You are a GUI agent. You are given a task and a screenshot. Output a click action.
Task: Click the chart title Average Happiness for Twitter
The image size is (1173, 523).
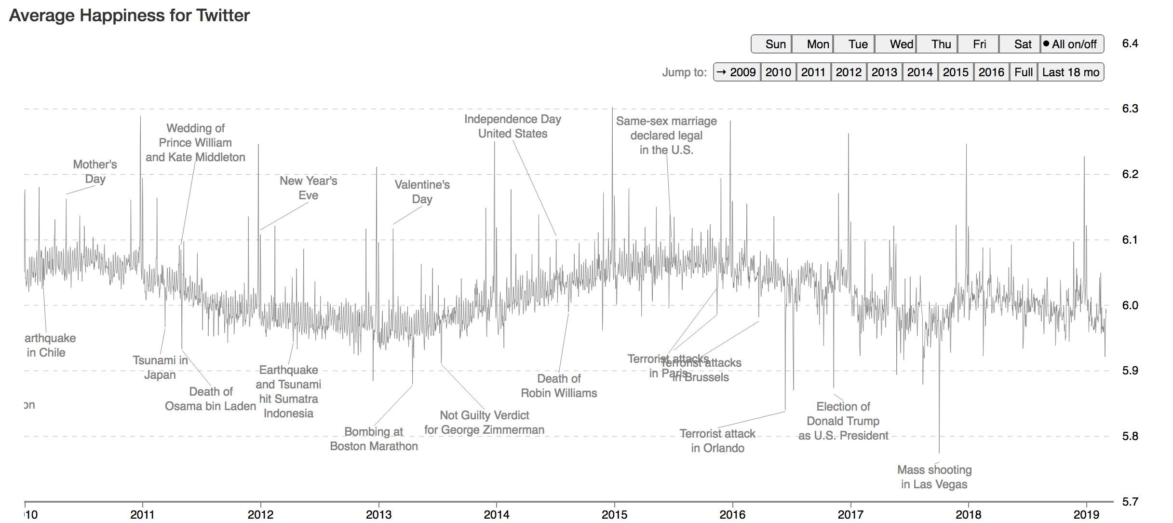tap(129, 15)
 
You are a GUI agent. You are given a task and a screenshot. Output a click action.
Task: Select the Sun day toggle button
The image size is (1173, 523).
tap(771, 44)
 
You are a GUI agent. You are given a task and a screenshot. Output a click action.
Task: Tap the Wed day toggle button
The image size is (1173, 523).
tap(896, 44)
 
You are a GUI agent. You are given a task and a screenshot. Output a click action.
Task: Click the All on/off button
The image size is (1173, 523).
tap(1072, 44)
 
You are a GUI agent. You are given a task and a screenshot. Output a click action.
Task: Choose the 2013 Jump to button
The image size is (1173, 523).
tap(884, 72)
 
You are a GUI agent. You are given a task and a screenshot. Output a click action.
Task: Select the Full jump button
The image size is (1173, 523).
tap(1023, 72)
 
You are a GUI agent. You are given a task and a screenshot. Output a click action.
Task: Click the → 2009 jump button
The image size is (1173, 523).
tap(737, 72)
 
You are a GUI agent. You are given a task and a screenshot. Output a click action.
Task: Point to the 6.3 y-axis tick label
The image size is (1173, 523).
tap(1130, 109)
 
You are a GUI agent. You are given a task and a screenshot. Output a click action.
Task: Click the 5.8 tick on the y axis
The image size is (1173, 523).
tap(1130, 436)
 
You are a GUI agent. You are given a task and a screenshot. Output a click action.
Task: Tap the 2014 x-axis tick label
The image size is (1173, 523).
tap(497, 515)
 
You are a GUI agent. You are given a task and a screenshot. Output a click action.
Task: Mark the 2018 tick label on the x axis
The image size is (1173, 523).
tap(968, 515)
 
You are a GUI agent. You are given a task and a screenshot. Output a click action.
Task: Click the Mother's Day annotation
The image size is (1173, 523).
tap(95, 172)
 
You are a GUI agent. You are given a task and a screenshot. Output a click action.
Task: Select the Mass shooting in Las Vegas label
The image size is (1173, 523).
tap(934, 477)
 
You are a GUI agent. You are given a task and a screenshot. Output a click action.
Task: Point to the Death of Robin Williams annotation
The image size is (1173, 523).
tap(559, 386)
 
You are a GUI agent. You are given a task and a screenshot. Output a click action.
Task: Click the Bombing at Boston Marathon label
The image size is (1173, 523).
tap(374, 439)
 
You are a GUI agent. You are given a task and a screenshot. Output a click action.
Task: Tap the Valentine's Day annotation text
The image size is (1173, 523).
tap(422, 192)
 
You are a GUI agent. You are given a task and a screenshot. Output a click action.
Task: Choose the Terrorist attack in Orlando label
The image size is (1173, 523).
tap(717, 441)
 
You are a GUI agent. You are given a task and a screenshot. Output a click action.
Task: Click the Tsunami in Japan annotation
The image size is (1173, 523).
tap(160, 368)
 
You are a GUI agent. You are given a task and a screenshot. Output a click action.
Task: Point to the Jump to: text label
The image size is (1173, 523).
tap(684, 72)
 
